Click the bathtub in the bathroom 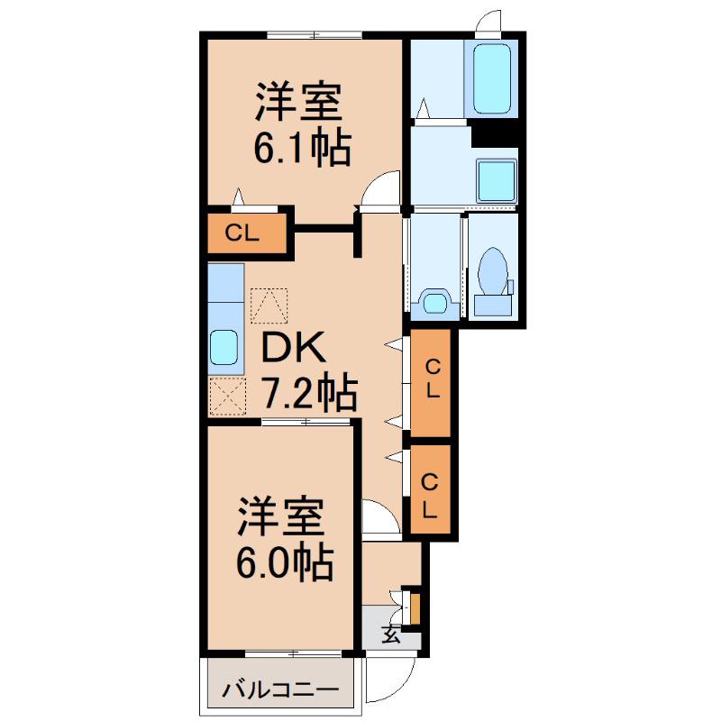coord(491,78)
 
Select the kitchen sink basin coord(224,348)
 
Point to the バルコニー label coord(280,689)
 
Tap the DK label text coord(294,348)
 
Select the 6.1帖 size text coord(303,148)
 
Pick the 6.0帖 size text coord(285,562)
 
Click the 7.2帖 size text coord(310,392)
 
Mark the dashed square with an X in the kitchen coord(228,397)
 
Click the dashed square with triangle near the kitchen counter coord(269,306)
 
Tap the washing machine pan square coord(497,181)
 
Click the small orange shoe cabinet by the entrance coord(415,609)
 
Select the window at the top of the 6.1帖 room coord(314,34)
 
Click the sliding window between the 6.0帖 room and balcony coord(294,653)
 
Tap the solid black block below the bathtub coord(495,132)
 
